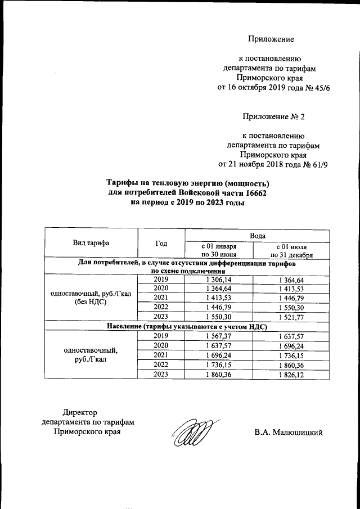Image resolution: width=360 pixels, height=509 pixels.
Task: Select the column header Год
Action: pos(161,244)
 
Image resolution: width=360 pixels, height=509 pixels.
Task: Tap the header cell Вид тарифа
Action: pos(91,244)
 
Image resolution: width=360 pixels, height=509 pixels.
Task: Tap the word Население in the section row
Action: pos(125,327)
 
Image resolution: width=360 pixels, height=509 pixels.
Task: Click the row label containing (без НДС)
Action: pos(91,302)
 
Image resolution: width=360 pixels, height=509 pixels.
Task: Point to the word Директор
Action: pos(80,413)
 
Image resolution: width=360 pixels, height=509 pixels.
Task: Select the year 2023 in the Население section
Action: pos(161,375)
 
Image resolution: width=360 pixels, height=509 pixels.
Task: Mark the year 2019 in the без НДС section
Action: pos(161,279)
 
